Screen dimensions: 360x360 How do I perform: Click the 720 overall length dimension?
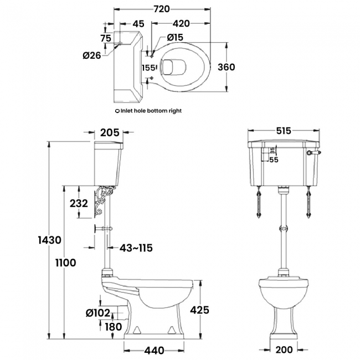[162, 9]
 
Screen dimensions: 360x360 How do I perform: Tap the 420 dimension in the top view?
[181, 23]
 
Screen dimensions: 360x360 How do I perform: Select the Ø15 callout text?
[175, 38]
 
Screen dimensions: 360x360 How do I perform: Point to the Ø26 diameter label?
[92, 55]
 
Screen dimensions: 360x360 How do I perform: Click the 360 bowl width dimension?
[227, 67]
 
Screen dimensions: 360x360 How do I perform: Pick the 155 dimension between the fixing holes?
[148, 68]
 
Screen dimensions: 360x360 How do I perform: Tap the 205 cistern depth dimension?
[110, 132]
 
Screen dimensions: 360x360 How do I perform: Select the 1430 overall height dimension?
[50, 240]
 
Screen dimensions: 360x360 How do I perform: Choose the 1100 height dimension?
[66, 263]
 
